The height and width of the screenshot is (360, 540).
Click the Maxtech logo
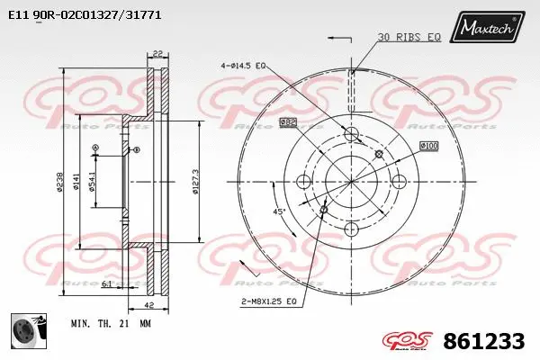pyautogui.click(x=490, y=30)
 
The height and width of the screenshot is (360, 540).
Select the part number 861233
pyautogui.click(x=484, y=341)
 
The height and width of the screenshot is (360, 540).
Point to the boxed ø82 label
pyautogui.click(x=288, y=121)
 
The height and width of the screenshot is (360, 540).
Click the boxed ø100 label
pyautogui.click(x=428, y=145)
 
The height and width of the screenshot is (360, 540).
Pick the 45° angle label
pyautogui.click(x=280, y=211)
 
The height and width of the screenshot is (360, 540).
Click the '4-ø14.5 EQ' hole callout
pyautogui.click(x=244, y=66)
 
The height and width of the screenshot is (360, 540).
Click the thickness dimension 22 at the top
pyautogui.click(x=157, y=53)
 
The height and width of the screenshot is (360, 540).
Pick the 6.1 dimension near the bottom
pyautogui.click(x=106, y=283)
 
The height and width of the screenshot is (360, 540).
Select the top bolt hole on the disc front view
pyautogui.click(x=351, y=135)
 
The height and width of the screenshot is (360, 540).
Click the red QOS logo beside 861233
pyautogui.click(x=410, y=341)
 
